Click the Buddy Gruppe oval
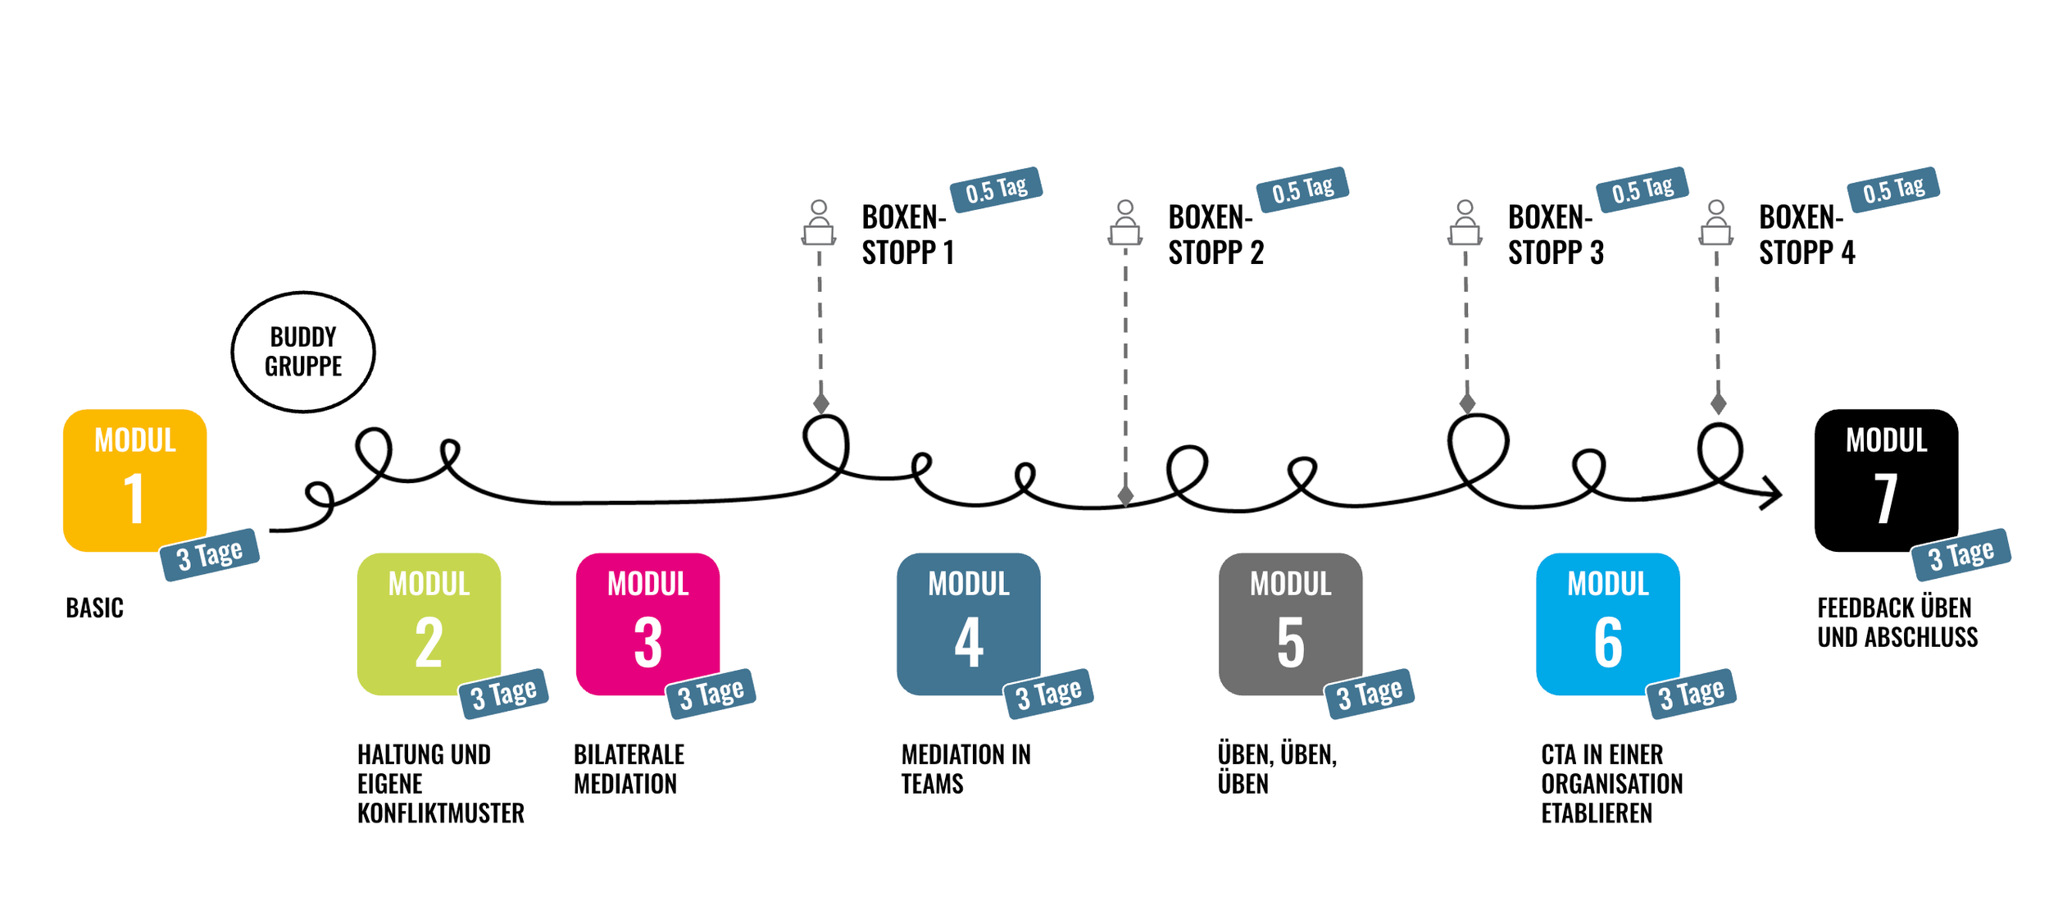coord(303,352)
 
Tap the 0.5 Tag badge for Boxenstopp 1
coord(996,189)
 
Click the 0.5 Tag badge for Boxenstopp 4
coord(1893,189)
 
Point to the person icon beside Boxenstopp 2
coord(1125,223)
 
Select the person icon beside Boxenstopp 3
coord(1465,223)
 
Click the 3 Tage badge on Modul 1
coord(211,555)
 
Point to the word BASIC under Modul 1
coord(95,608)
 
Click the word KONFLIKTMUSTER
coord(441,813)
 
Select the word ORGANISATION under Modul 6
coord(1611,784)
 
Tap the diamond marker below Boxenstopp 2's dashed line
coord(1125,495)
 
